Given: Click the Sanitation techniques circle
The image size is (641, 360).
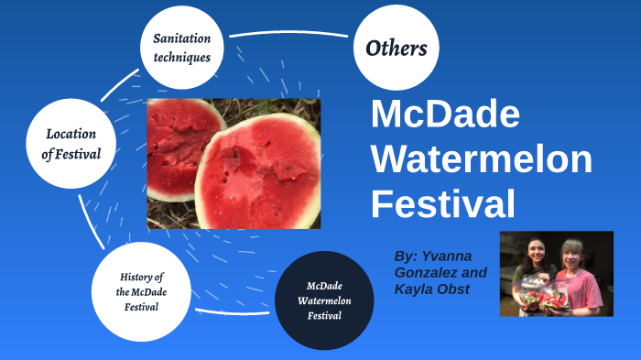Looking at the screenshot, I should click(181, 47).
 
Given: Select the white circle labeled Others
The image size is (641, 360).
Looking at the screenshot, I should click(396, 48).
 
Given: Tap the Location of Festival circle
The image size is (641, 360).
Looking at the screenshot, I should click(70, 144).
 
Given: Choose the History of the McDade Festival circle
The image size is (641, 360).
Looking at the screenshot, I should click(142, 291).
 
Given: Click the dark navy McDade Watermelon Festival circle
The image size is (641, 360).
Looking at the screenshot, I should click(324, 300).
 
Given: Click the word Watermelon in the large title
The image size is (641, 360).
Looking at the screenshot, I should click(481, 159).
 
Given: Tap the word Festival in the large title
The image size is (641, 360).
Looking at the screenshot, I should click(443, 203).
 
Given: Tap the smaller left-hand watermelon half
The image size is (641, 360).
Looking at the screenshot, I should click(179, 142).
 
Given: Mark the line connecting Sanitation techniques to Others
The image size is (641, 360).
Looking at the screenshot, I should click(288, 34).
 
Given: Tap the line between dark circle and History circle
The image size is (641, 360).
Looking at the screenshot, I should click(234, 311).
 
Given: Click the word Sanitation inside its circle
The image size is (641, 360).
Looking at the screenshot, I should click(181, 38).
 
